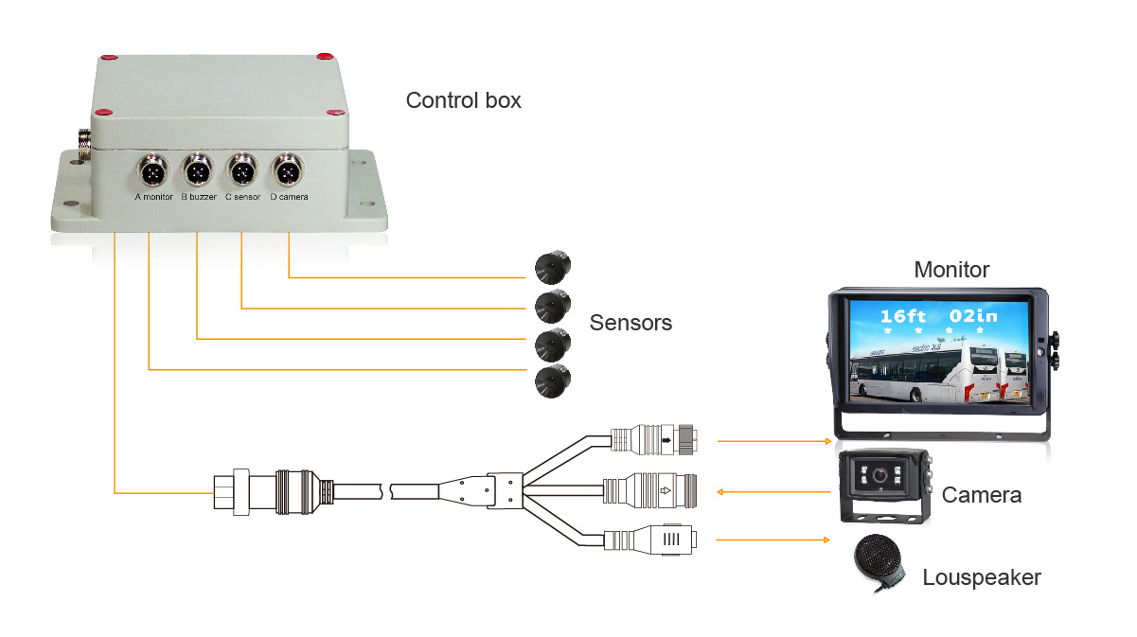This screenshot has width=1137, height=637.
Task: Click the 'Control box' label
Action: pos(463,100)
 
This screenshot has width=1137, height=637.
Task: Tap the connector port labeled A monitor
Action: pos(152,173)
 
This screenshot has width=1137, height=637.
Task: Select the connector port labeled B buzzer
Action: pos(198,173)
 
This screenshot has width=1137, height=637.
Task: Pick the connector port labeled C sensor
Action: pos(242,173)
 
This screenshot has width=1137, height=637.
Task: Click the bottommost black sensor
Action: pos(551,381)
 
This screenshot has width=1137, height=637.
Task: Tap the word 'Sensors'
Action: pos(631,323)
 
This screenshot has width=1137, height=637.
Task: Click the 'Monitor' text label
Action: pos(951,270)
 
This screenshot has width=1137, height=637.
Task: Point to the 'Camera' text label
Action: pos(982,494)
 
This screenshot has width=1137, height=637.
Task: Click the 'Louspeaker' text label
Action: pos(982,577)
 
